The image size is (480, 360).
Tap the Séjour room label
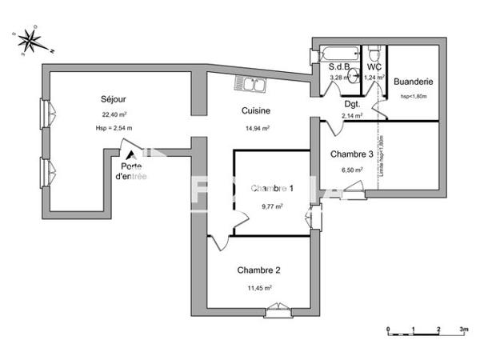pos(113,99)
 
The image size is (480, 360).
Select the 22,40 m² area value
pos(113,114)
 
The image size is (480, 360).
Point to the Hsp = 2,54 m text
pos(113,128)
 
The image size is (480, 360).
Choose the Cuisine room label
pos(256,111)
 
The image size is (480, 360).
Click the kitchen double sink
pos(250,83)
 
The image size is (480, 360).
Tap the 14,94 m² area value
pos(256,127)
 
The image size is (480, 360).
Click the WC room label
pos(374,67)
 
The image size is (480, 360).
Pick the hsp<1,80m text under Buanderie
pos(414,96)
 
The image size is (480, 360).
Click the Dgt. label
pos(352,104)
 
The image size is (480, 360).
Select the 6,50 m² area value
pos(352,170)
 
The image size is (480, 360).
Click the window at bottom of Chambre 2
pos(278,309)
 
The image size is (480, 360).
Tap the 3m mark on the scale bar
pos(463,330)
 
